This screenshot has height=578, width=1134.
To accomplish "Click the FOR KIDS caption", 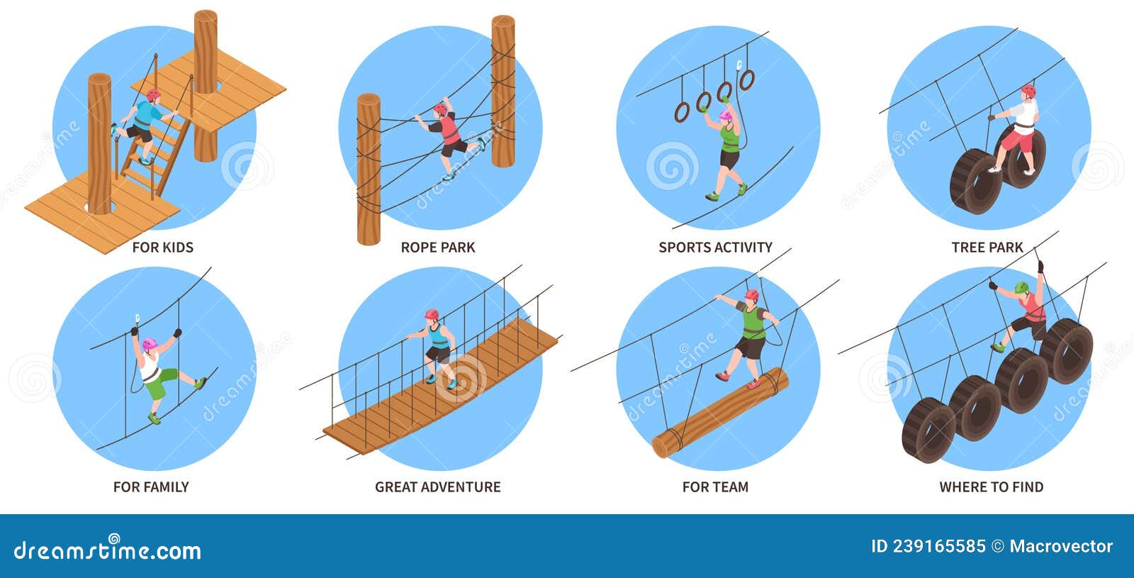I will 162,248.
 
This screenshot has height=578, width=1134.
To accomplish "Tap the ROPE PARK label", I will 437,248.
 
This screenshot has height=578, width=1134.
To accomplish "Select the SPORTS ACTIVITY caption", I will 715,248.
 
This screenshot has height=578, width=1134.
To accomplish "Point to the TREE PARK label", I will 987,248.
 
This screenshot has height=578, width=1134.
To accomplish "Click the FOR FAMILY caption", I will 151,487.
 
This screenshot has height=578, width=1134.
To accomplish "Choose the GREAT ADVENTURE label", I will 437,487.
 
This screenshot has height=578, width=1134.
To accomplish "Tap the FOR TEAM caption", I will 715,487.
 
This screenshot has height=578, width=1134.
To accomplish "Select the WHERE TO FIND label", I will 991,487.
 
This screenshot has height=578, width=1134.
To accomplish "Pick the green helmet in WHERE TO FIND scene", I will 1021,287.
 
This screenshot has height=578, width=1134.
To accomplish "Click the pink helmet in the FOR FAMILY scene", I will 149,345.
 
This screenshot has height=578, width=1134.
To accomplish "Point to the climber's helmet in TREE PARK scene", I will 1028,91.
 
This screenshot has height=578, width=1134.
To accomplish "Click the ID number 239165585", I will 928,546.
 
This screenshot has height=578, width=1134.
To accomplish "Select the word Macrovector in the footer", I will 1061,546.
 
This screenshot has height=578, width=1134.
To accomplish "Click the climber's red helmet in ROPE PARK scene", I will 441,109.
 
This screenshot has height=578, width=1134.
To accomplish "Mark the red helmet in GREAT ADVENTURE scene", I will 432,314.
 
